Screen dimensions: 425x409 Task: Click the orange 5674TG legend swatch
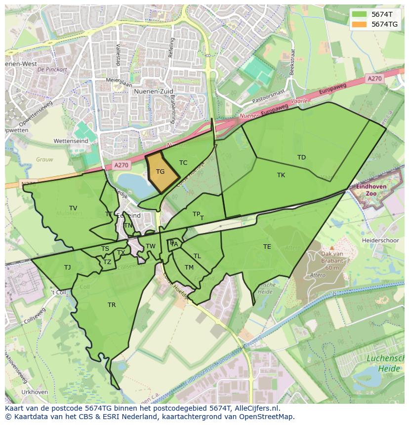click(360, 24)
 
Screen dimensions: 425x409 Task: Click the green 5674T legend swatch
click(360, 14)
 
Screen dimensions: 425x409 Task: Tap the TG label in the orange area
click(160, 172)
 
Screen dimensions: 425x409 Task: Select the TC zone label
click(183, 163)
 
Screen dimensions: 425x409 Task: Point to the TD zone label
click(301, 157)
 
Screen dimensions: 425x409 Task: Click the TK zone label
click(281, 175)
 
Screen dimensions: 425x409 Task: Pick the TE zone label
click(267, 247)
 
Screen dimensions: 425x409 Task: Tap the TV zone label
click(73, 208)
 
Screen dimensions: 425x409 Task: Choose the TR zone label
click(112, 305)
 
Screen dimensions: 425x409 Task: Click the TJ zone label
click(67, 268)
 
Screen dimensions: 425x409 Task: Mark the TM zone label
click(189, 268)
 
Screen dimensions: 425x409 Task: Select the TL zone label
click(197, 256)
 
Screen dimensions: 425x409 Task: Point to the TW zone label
click(151, 246)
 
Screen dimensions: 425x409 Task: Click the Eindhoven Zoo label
click(368, 190)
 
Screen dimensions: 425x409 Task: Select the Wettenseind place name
click(71, 141)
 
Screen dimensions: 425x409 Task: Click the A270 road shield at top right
click(375, 78)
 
